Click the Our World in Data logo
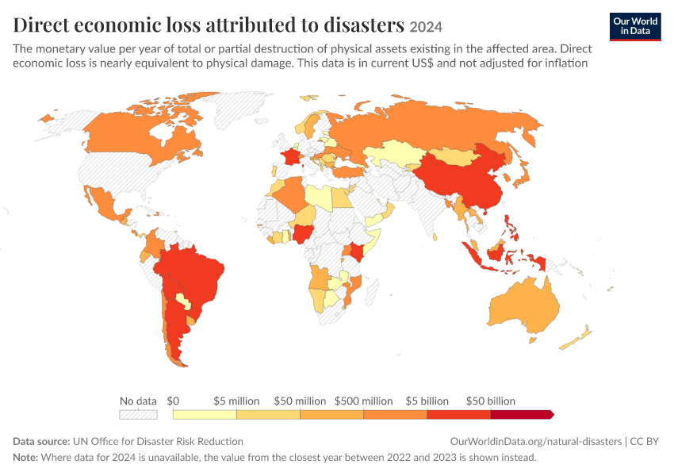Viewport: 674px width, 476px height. (635, 27)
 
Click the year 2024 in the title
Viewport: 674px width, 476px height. (426, 27)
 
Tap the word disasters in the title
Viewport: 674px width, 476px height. (364, 25)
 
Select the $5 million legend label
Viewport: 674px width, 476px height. (236, 401)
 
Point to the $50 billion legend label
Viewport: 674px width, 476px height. (491, 401)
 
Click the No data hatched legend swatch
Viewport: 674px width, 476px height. (138, 414)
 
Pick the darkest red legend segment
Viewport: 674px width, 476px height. (522, 414)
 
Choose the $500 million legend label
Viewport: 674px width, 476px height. (364, 401)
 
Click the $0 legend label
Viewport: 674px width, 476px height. (173, 401)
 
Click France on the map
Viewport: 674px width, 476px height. (291, 155)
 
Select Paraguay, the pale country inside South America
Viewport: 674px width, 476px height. (182, 300)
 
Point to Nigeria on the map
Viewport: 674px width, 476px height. (302, 234)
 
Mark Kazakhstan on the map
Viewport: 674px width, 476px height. (393, 152)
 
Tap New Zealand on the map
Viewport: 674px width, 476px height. (576, 338)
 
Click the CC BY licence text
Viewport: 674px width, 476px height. (645, 442)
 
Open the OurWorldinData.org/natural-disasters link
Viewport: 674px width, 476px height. (535, 442)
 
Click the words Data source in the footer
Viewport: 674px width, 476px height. (41, 442)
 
